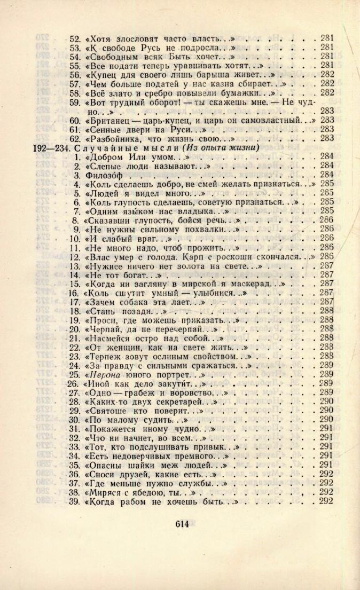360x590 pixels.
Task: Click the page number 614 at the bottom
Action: [182, 524]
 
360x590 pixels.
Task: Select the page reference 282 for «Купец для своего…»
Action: [327, 74]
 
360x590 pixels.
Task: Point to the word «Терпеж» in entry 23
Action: [105, 356]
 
